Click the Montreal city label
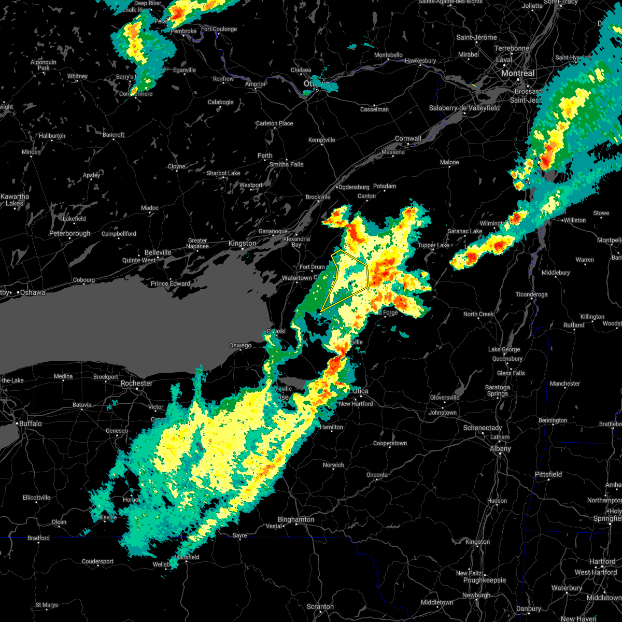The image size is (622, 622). click(x=517, y=74)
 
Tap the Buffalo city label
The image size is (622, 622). click(x=30, y=423)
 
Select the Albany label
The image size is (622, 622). click(x=500, y=449)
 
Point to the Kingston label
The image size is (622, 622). click(x=243, y=244)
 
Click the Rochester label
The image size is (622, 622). click(x=136, y=384)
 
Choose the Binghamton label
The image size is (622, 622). click(x=296, y=519)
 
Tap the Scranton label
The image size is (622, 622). click(x=320, y=606)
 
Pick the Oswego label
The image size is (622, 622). click(x=241, y=346)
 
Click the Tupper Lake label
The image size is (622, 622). click(x=433, y=245)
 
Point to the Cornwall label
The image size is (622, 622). click(x=408, y=139)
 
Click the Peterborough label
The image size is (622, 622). click(x=70, y=234)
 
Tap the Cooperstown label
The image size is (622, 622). click(x=390, y=444)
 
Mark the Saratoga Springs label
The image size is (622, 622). click(x=498, y=390)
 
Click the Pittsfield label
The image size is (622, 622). click(x=548, y=474)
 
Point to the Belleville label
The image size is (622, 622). click(x=158, y=252)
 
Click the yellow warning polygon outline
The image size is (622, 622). click(x=368, y=275)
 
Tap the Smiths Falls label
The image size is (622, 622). click(x=286, y=165)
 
